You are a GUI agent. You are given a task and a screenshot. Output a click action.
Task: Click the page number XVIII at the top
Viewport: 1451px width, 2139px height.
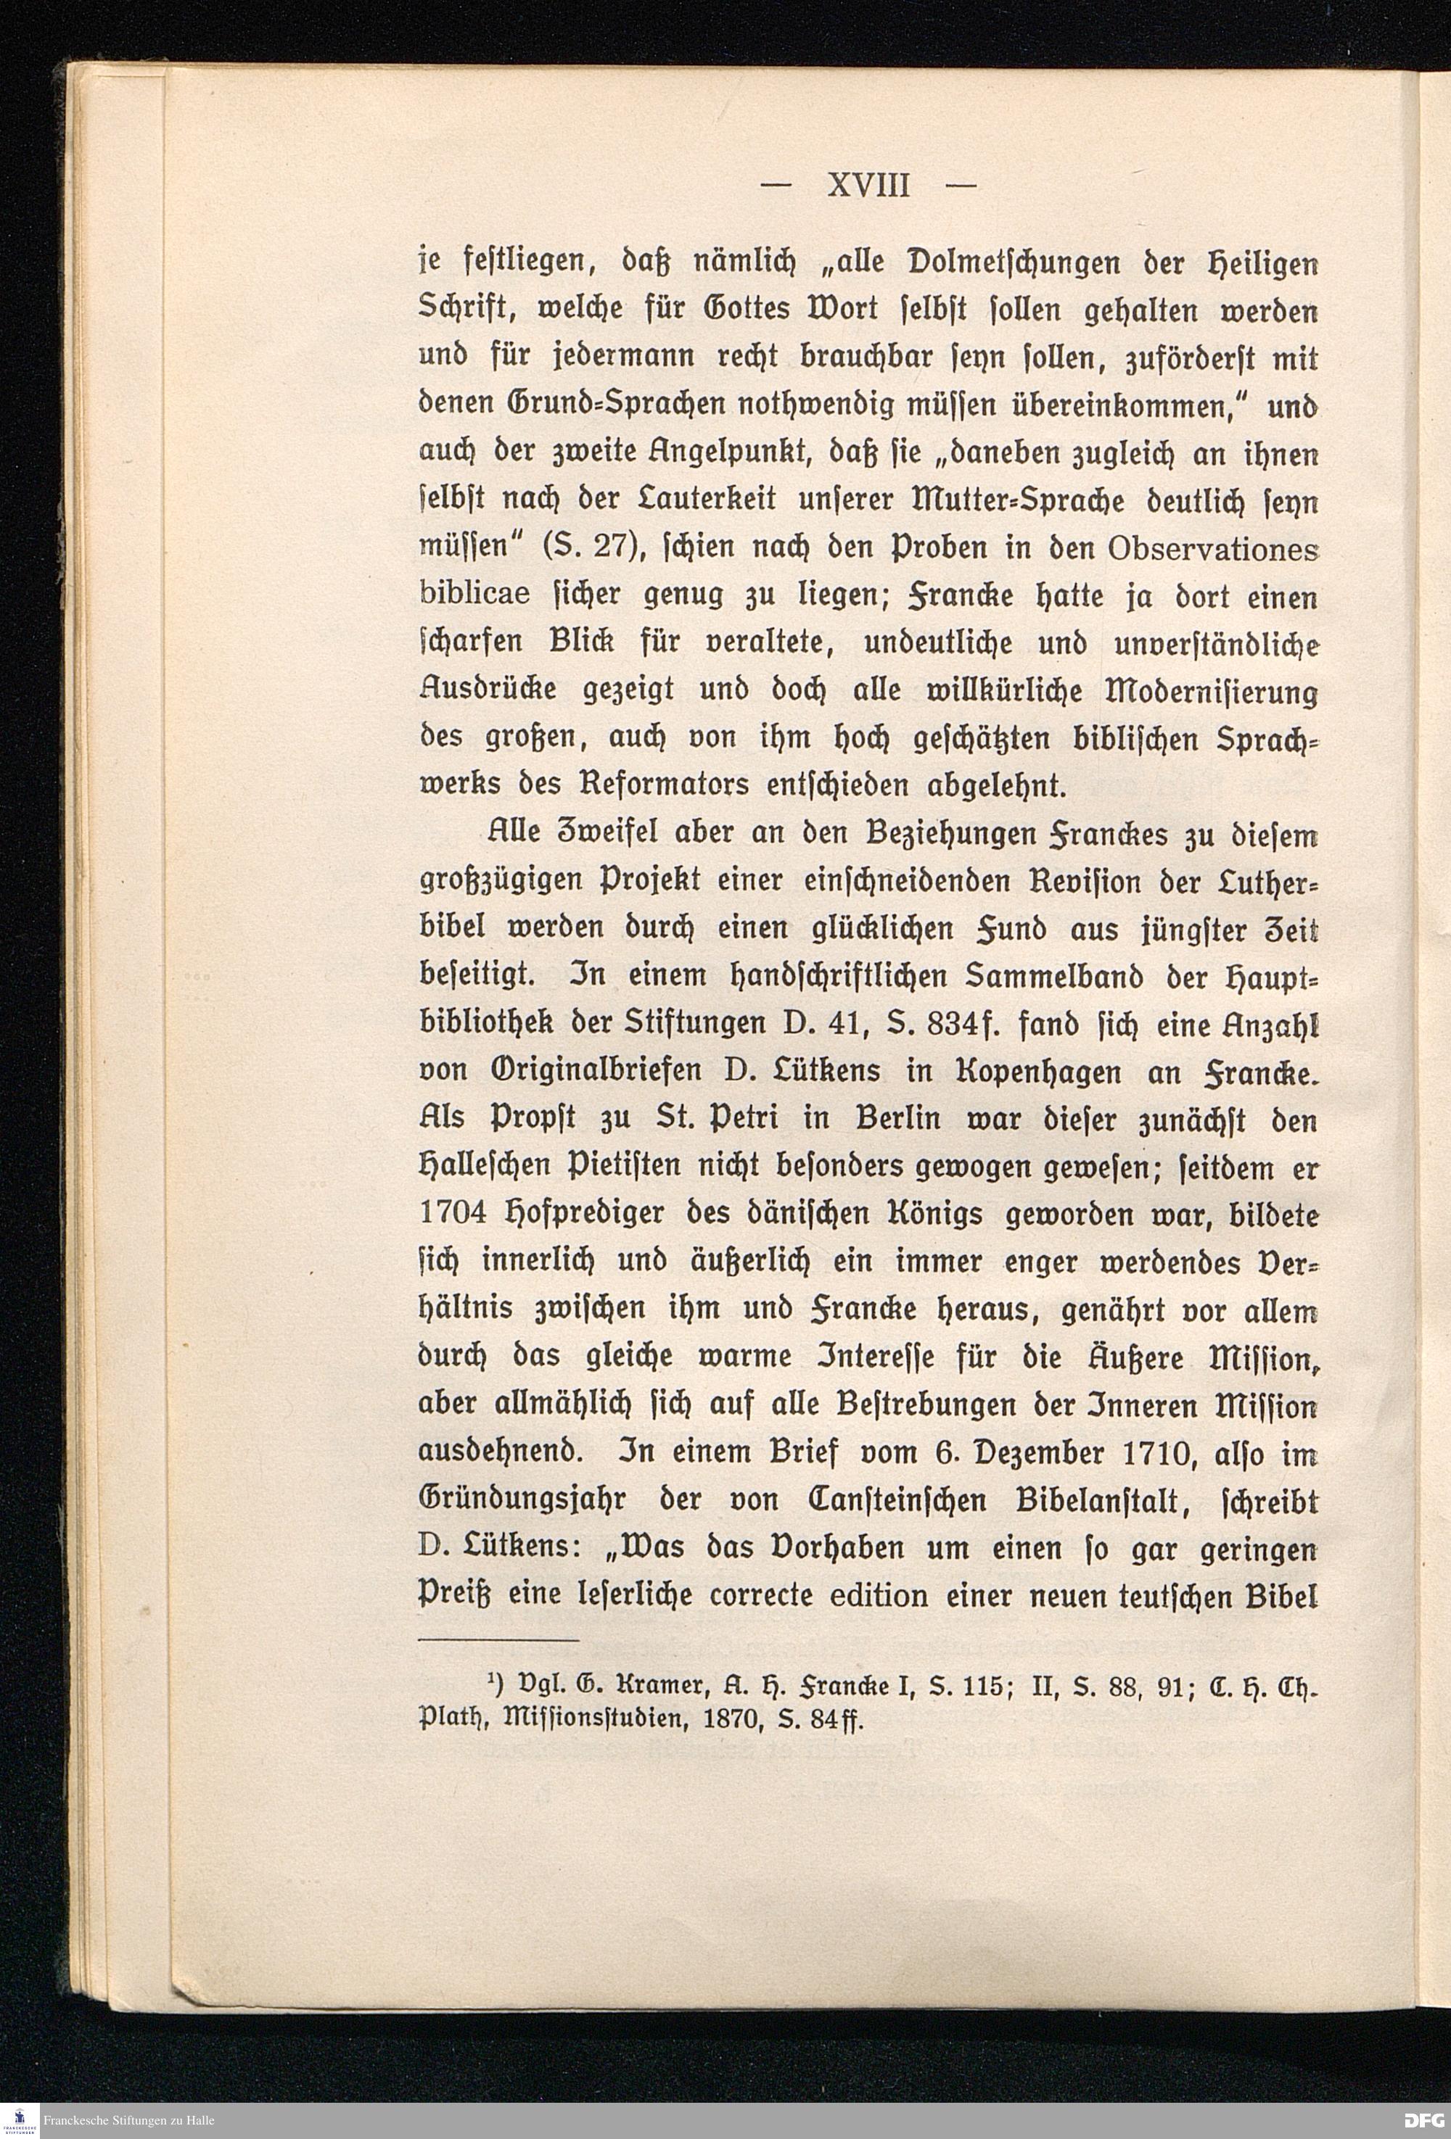pyautogui.click(x=868, y=187)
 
